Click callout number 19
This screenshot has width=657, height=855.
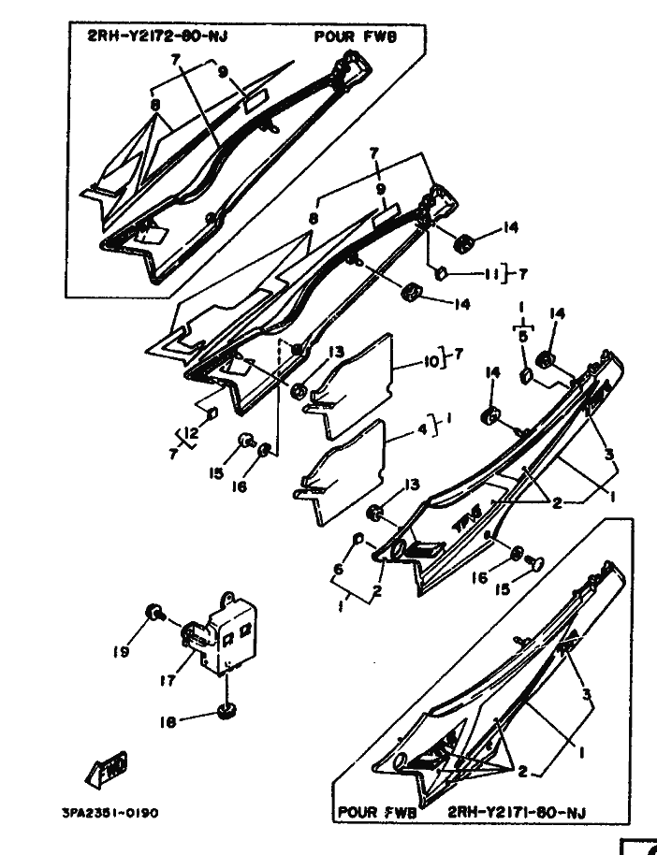(x=121, y=652)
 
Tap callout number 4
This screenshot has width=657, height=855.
(x=421, y=430)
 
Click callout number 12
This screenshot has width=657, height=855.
(x=191, y=433)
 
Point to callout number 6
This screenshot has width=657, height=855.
(x=339, y=569)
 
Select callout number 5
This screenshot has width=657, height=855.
(x=523, y=335)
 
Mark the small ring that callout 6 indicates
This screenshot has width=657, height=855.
(x=359, y=541)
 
